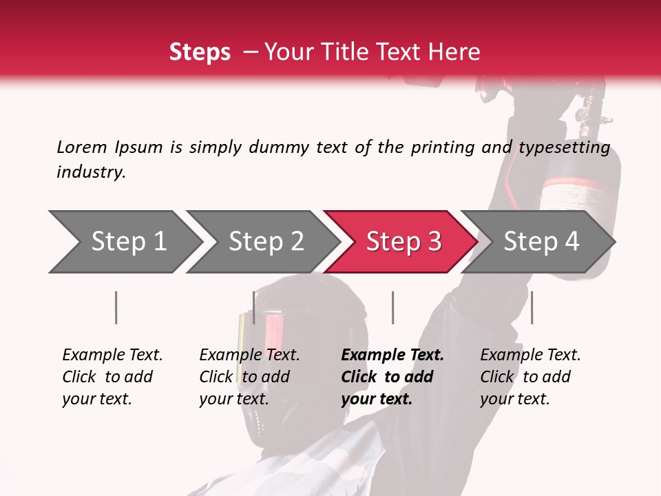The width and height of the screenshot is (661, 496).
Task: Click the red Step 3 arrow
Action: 403,242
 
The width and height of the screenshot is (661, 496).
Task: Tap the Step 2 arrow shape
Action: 266,242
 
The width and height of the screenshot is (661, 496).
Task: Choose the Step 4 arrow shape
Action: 541,242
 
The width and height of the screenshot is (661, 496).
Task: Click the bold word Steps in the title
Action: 200,52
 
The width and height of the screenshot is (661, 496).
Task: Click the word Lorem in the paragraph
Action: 82,147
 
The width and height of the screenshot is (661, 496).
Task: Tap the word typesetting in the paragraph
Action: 565,147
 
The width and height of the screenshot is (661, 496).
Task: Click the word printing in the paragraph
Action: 441,147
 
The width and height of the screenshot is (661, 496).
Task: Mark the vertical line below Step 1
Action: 116,307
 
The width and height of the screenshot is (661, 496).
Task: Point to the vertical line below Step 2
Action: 254,307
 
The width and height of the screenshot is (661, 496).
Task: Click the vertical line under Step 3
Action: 392,307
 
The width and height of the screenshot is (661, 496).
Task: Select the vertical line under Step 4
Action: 532,307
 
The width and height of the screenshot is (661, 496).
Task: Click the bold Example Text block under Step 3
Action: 392,377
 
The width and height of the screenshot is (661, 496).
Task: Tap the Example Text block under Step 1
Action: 112,377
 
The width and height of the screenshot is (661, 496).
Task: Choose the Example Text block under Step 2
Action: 249,377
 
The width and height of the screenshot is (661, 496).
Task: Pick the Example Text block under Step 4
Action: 530,377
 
